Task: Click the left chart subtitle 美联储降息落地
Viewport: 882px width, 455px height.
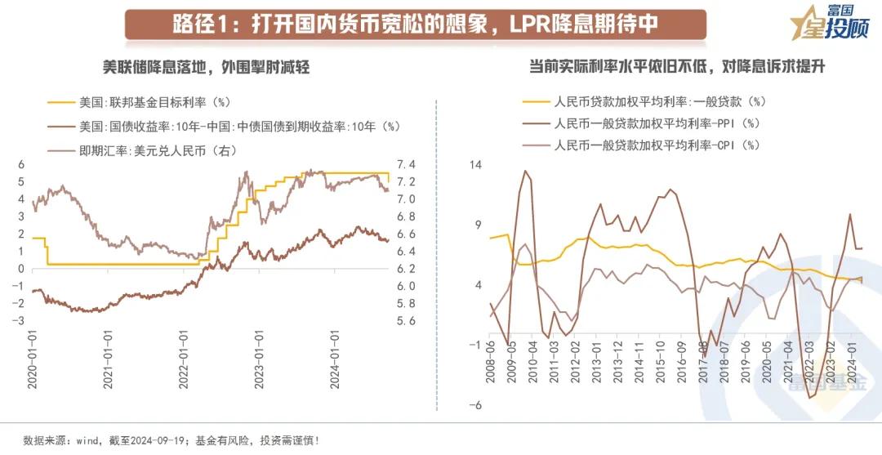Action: pos(194,67)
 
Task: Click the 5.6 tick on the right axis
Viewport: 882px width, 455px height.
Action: pos(407,321)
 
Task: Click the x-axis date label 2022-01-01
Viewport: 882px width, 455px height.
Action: pos(183,360)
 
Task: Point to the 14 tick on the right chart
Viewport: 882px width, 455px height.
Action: pos(475,165)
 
